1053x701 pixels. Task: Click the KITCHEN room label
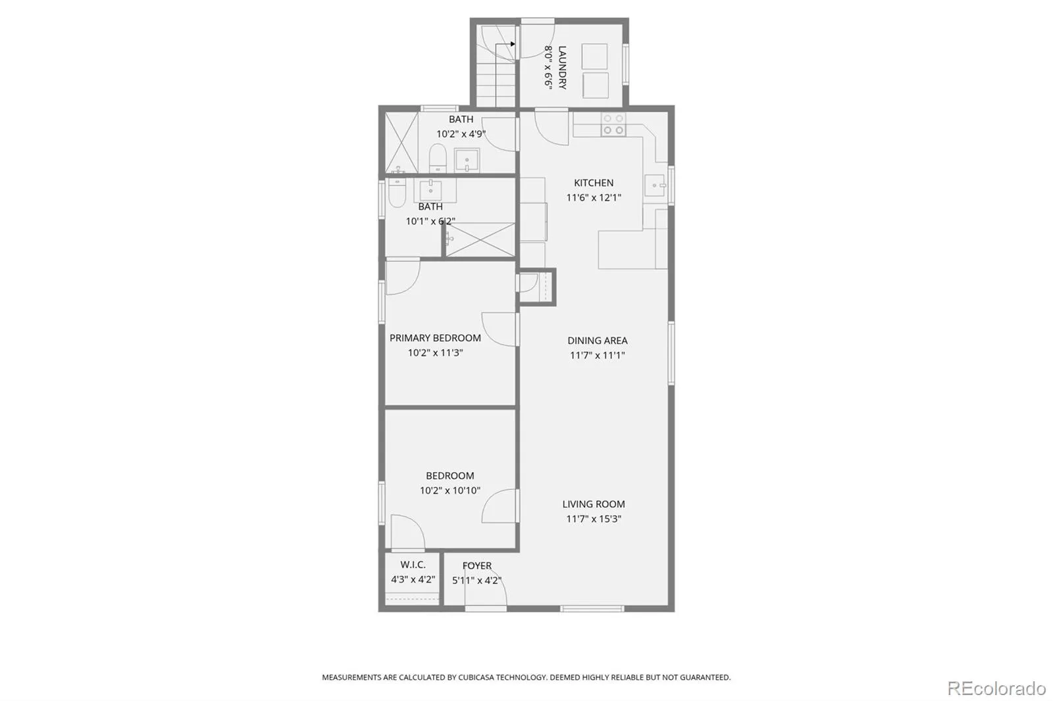point(593,183)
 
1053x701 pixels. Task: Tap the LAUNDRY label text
point(562,67)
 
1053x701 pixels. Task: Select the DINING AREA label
point(597,341)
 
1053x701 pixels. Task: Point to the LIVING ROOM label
point(593,504)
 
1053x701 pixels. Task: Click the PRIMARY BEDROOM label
point(435,338)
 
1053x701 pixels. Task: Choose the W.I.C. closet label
point(413,564)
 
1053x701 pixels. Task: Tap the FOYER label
point(476,566)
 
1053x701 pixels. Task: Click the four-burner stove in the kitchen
point(613,124)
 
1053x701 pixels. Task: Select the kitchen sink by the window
point(655,185)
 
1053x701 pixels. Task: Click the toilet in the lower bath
point(397,193)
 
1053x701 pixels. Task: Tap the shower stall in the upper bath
point(401,142)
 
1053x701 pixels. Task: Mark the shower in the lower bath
point(480,239)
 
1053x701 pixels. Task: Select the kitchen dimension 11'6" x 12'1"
point(593,197)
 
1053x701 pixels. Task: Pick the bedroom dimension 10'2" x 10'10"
point(450,491)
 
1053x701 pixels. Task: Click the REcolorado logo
point(996,689)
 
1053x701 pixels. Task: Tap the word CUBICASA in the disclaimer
point(476,677)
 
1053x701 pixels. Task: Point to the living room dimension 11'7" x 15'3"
point(593,519)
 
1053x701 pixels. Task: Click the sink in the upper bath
point(467,160)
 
